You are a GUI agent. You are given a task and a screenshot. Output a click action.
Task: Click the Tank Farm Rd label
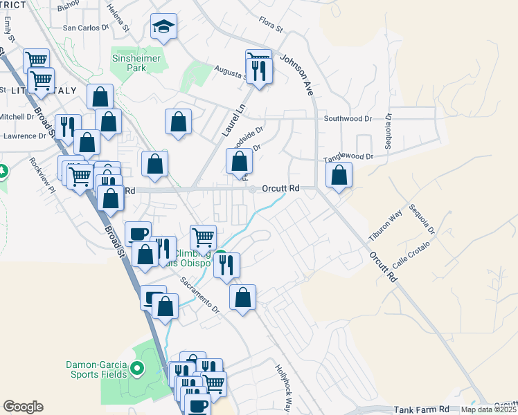point(421,409)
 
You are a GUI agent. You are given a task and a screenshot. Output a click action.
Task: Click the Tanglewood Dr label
point(349,158)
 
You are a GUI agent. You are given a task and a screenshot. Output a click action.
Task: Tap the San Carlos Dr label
point(86,28)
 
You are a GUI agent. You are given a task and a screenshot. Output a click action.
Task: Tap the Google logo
point(23,407)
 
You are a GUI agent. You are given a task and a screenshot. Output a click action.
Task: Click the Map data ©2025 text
point(489,409)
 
